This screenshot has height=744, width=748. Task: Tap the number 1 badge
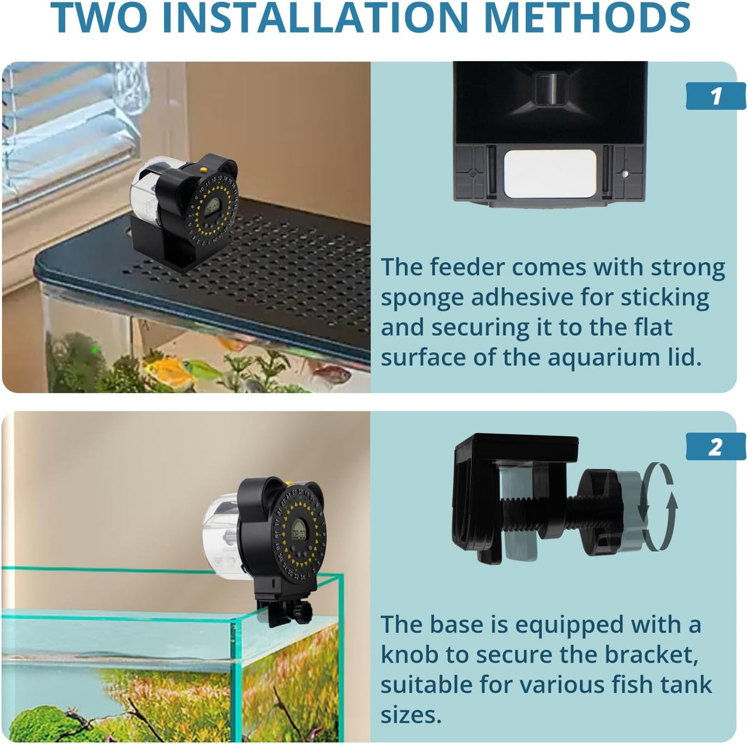715,96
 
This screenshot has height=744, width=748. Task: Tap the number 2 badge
715,448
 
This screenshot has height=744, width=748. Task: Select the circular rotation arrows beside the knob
658,507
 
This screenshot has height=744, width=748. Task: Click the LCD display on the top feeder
211,209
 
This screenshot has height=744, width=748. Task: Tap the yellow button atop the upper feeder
203,169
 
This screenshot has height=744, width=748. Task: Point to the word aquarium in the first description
604,358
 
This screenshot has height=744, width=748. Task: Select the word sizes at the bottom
411,715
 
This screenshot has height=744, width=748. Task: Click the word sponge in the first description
422,298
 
